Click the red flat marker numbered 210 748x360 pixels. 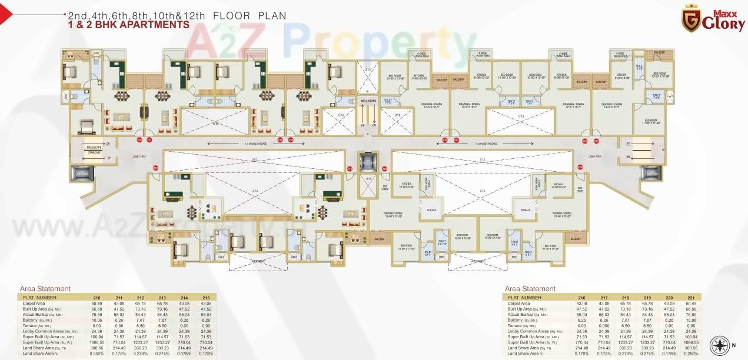pyautogui.click(x=139, y=140)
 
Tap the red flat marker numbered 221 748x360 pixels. pyautogui.click(x=596, y=141)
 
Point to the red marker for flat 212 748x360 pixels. pyautogui.click(x=156, y=168)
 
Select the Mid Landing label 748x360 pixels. pyautogui.click(x=369, y=102)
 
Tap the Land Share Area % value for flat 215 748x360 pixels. pyautogui.click(x=205, y=353)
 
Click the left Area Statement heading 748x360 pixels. pyautogui.click(x=45, y=289)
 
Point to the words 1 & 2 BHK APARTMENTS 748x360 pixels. pyautogui.click(x=128, y=25)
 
